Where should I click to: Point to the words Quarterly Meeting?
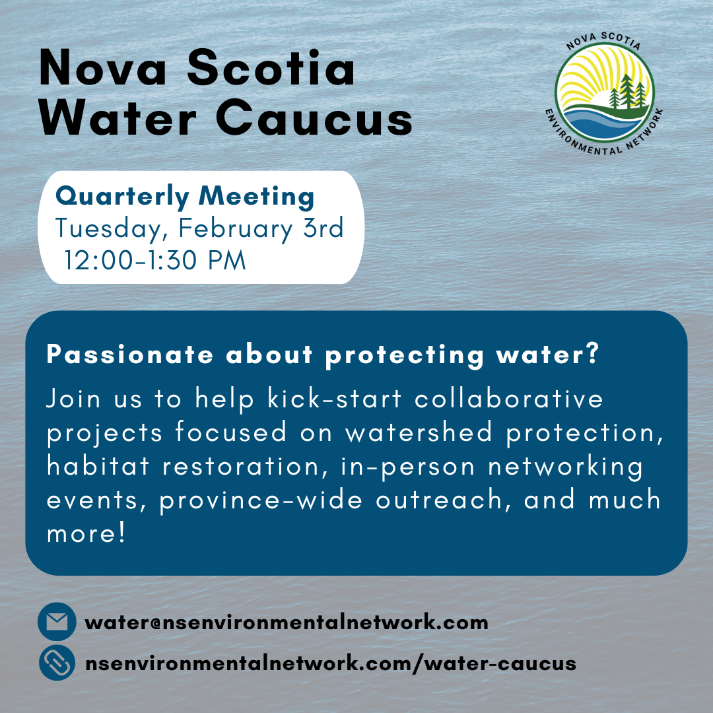pyautogui.click(x=185, y=196)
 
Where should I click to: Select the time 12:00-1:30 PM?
pyautogui.click(x=155, y=260)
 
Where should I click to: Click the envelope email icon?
pyautogui.click(x=57, y=622)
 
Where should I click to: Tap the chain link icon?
pyautogui.click(x=57, y=662)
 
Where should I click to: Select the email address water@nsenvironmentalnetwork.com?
pyautogui.click(x=287, y=622)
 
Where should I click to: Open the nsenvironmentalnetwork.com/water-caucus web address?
pyautogui.click(x=331, y=663)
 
